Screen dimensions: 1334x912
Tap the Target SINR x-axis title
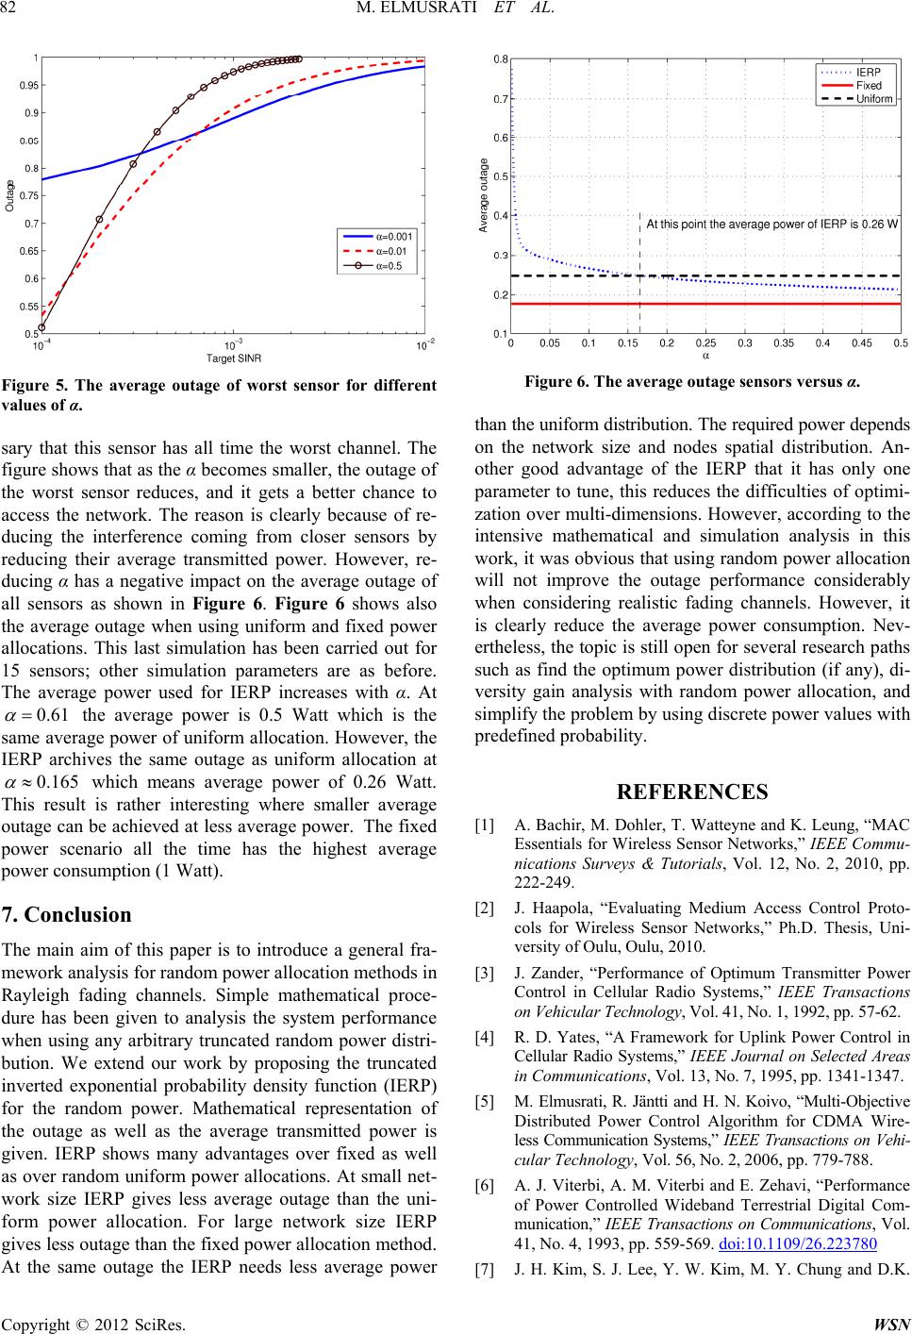233,359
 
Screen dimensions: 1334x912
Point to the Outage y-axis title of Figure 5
10,195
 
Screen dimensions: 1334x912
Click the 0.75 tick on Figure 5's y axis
30,196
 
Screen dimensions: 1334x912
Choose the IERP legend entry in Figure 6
869,72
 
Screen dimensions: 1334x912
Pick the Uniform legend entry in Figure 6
874,98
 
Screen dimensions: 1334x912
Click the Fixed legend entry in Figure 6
869,85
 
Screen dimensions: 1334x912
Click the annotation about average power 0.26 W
771,224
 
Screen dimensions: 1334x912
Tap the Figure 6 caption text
691,382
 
